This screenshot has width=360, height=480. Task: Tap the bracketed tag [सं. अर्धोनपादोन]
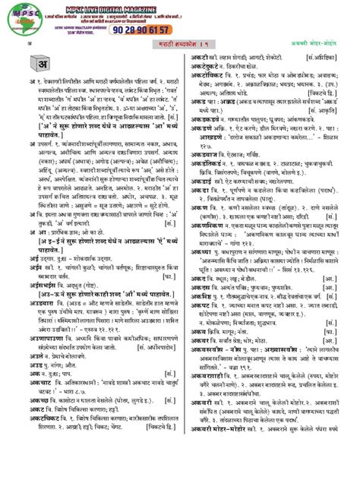pyautogui.click(x=156, y=367)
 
